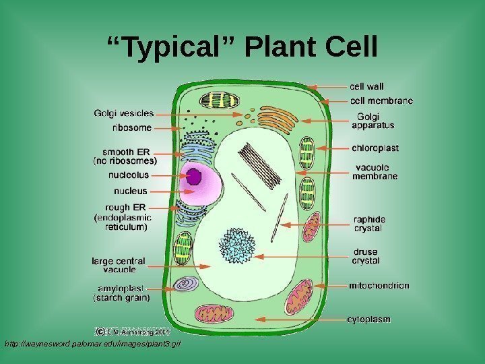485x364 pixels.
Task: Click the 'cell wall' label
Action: (366, 86)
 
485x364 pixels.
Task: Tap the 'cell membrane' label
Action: (381, 100)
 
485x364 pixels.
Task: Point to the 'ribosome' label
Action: (132, 126)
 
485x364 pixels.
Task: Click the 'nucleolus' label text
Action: (128, 175)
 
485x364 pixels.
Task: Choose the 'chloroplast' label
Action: (375, 148)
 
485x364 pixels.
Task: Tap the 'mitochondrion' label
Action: (379, 285)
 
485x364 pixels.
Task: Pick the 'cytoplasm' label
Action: (368, 319)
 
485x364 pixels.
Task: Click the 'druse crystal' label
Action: (366, 256)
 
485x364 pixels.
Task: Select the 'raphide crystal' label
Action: (369, 223)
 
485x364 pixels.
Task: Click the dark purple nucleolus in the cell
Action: (194, 177)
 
